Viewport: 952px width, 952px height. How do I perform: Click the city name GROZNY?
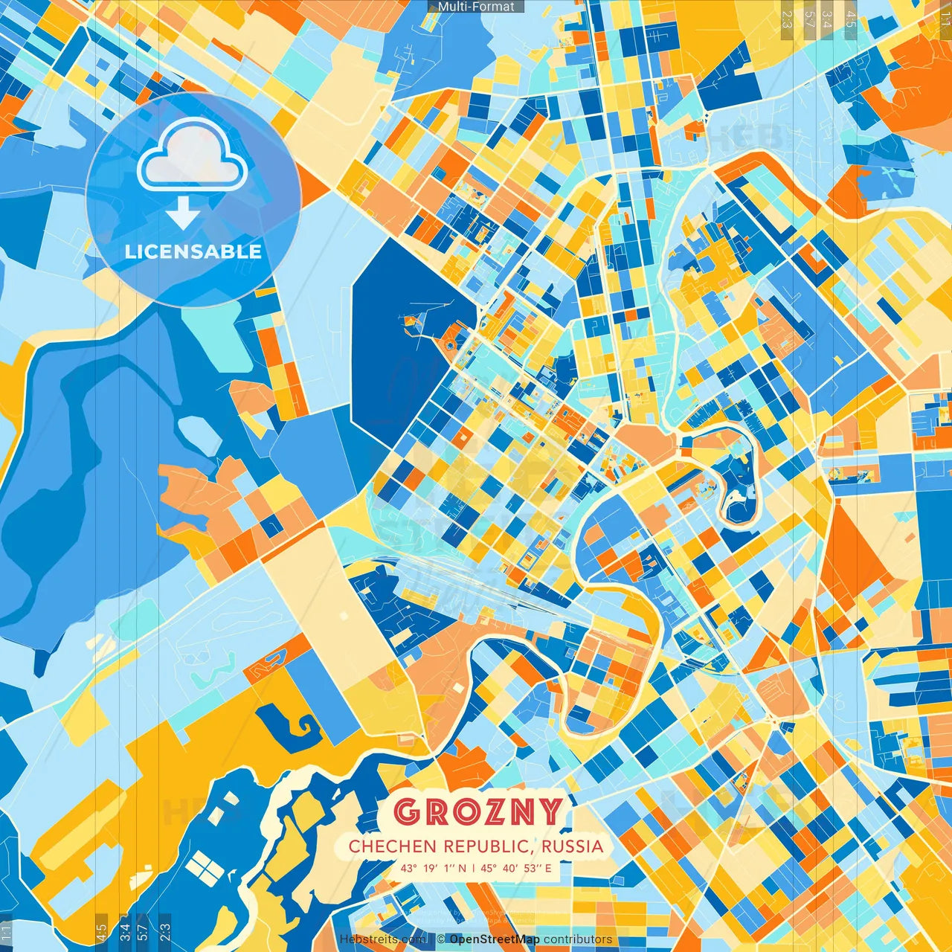pyautogui.click(x=477, y=812)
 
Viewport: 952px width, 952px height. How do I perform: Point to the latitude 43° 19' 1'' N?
pyautogui.click(x=434, y=868)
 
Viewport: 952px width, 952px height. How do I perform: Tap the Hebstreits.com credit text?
pyautogui.click(x=383, y=939)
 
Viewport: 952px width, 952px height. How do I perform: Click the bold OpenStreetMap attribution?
pyautogui.click(x=495, y=939)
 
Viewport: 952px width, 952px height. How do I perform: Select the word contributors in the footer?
pyautogui.click(x=578, y=939)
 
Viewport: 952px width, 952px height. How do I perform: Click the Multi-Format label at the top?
pyautogui.click(x=476, y=7)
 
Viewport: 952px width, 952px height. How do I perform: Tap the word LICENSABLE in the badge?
pyautogui.click(x=193, y=251)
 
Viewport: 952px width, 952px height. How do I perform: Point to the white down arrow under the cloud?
pyautogui.click(x=183, y=214)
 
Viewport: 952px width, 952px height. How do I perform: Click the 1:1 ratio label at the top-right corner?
pyautogui.click(x=945, y=18)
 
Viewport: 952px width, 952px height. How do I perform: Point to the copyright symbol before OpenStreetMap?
pyautogui.click(x=441, y=939)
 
